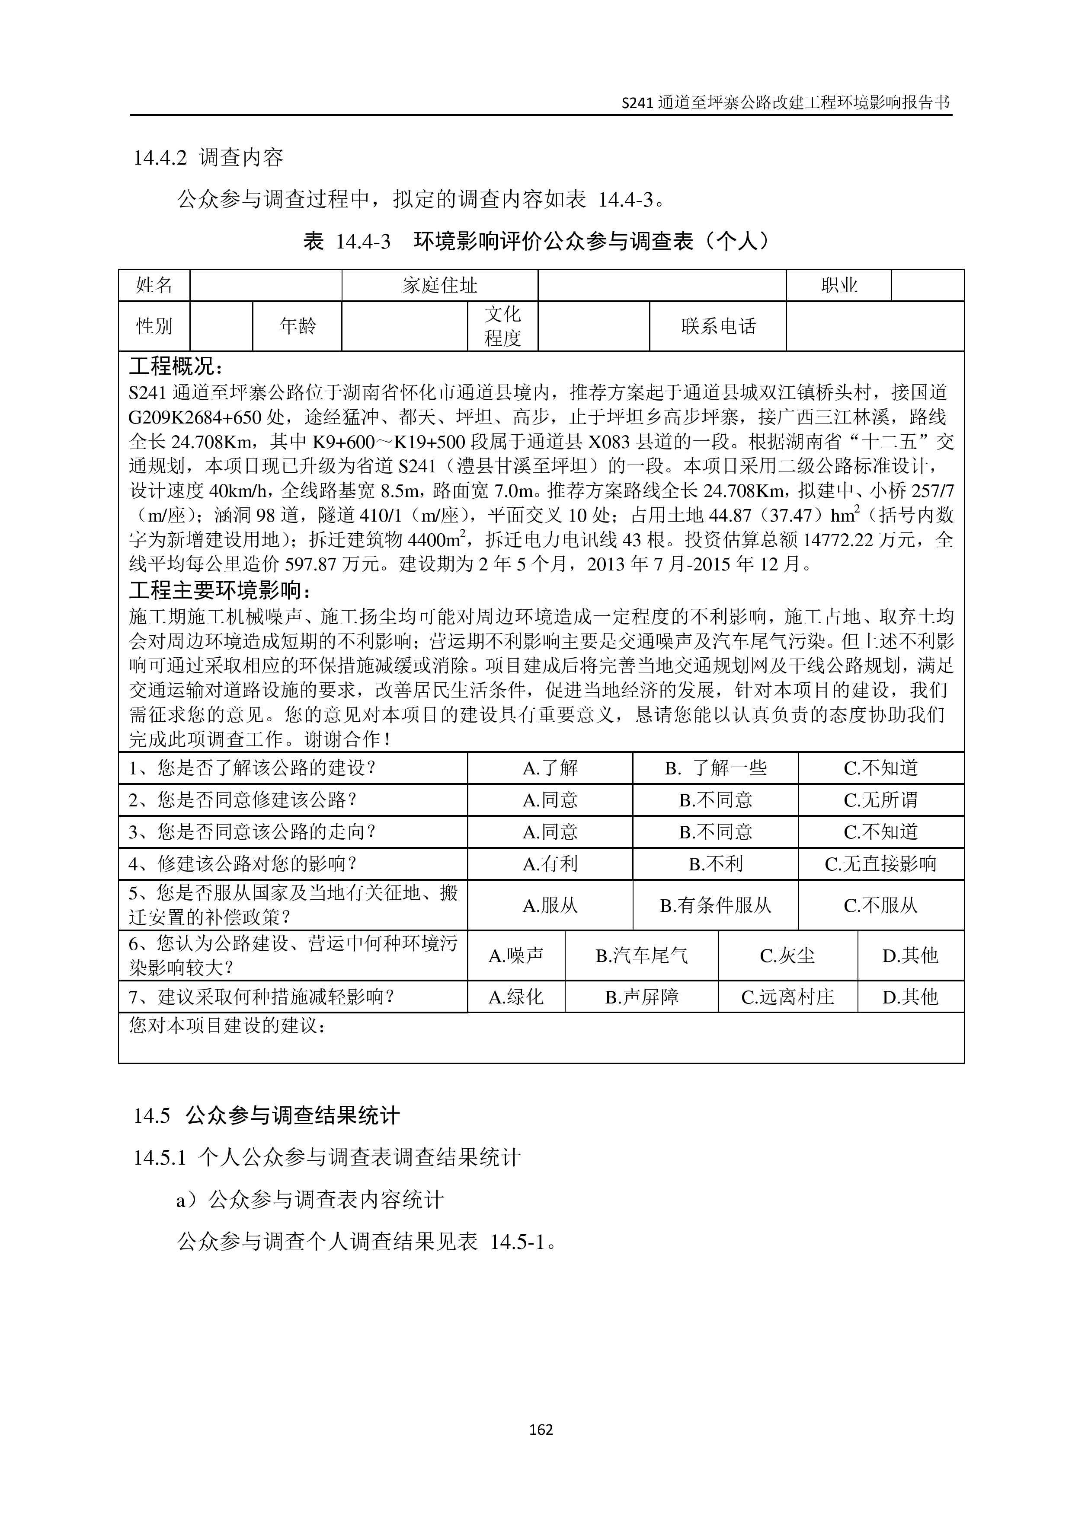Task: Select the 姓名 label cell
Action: click(x=154, y=285)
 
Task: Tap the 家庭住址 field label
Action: click(x=440, y=285)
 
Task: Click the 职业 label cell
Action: click(x=839, y=285)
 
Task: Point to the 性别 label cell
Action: click(x=154, y=326)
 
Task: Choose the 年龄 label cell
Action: click(x=297, y=326)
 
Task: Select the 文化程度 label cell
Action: click(x=502, y=326)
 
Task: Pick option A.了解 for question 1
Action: click(x=550, y=768)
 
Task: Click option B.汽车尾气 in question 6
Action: click(x=641, y=955)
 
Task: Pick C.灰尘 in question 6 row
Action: click(x=787, y=955)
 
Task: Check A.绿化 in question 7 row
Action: click(x=516, y=997)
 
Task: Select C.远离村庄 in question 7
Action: click(x=787, y=997)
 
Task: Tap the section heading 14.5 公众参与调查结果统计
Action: click(x=266, y=1116)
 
